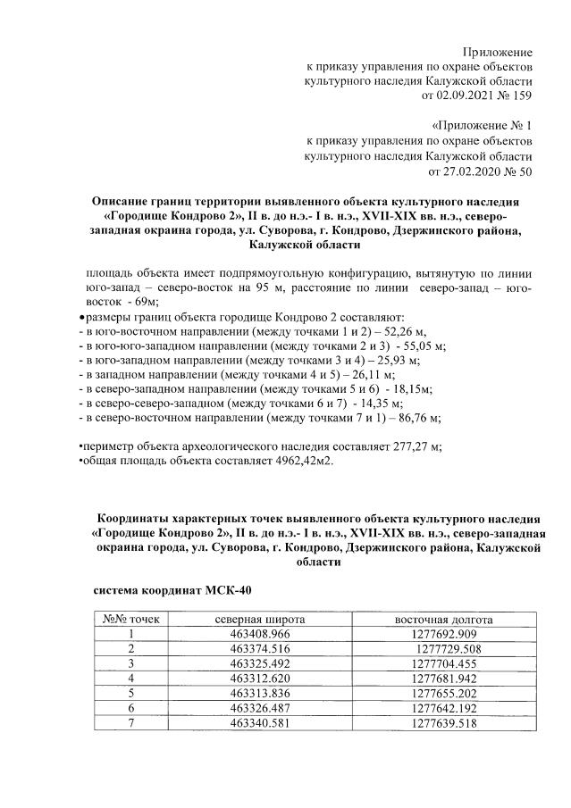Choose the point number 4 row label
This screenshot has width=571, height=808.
click(130, 678)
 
